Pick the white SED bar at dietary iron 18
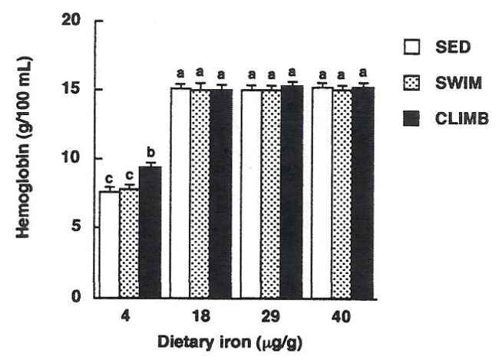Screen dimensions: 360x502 180,193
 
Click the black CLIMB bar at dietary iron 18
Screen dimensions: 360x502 222,193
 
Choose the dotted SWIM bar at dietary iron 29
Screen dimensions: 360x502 271,193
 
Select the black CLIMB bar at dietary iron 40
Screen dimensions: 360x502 363,193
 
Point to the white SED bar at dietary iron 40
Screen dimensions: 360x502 322,193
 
